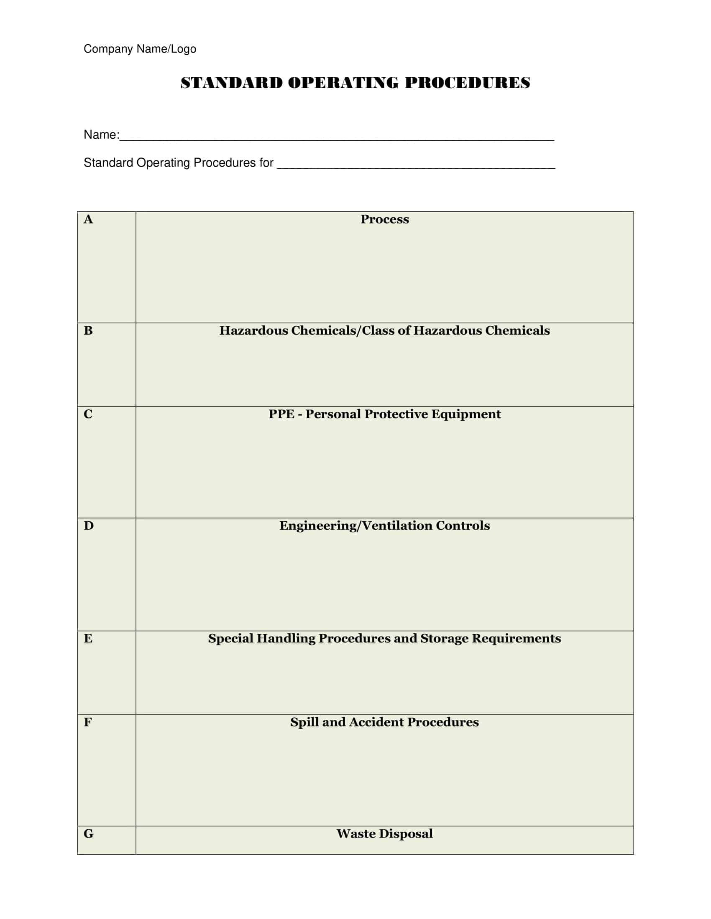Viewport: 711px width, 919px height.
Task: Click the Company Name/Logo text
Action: click(x=140, y=49)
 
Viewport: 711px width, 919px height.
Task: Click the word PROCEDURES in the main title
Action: click(x=467, y=83)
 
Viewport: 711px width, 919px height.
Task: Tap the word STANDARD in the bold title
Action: click(x=231, y=83)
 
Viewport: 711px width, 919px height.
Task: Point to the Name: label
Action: click(x=101, y=135)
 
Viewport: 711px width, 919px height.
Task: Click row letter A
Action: click(x=88, y=219)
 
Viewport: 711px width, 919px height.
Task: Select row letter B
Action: click(x=88, y=331)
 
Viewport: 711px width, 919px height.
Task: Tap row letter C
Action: click(x=88, y=414)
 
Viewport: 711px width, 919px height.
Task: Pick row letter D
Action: click(x=88, y=526)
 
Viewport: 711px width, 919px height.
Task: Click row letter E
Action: click(x=88, y=638)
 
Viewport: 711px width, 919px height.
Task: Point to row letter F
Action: click(x=87, y=722)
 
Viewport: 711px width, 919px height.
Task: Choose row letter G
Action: click(x=88, y=834)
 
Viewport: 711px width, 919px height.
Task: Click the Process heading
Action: click(x=384, y=219)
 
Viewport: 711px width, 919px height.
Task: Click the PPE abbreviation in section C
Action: click(x=281, y=414)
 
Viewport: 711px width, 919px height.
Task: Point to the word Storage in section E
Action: click(x=444, y=638)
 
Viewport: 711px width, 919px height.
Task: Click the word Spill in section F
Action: click(x=304, y=722)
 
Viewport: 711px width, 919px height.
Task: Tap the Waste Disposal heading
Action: click(x=384, y=834)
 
